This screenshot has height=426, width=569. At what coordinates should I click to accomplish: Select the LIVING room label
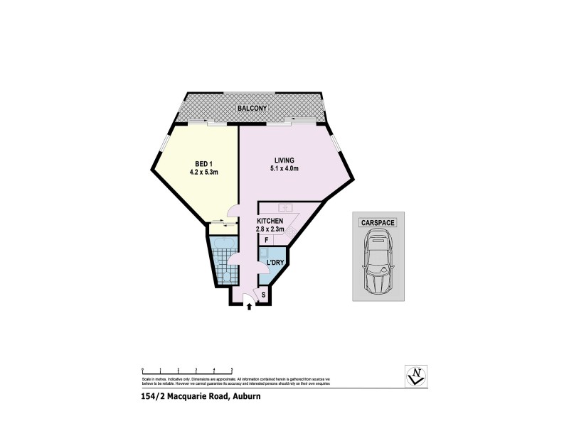point(284,160)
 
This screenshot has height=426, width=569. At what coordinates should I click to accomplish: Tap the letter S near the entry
point(263,294)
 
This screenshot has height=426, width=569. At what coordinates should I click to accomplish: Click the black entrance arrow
point(248,307)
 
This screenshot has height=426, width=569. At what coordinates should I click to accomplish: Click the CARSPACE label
point(378,222)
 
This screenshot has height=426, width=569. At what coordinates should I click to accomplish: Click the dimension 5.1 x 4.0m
point(284,169)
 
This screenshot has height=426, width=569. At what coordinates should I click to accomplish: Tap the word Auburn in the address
point(245,397)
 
